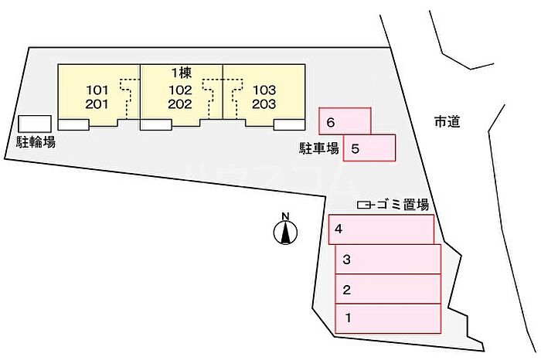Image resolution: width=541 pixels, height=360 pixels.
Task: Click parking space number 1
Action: point(387,317)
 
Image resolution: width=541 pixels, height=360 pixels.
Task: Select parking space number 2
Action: point(387,290)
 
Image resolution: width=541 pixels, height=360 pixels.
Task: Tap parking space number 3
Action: point(387,260)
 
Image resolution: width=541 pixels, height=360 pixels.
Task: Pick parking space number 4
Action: point(381,229)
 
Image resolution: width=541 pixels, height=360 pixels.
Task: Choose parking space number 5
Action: point(369,148)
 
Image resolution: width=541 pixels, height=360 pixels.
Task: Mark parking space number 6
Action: point(345,121)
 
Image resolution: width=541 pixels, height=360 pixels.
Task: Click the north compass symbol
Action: point(286,230)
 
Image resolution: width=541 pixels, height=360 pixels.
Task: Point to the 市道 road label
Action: point(447,121)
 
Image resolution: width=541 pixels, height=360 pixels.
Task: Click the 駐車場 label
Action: point(319,148)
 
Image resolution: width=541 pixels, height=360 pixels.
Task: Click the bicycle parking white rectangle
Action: point(35,124)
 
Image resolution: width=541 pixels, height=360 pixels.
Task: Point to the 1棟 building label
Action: point(182,73)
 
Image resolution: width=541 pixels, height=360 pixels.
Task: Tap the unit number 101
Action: point(98,89)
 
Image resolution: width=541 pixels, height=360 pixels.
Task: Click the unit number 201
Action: point(98,104)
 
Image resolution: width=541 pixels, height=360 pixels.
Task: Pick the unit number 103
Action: point(264,89)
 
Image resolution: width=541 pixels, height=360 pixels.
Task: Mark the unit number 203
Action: point(264,104)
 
